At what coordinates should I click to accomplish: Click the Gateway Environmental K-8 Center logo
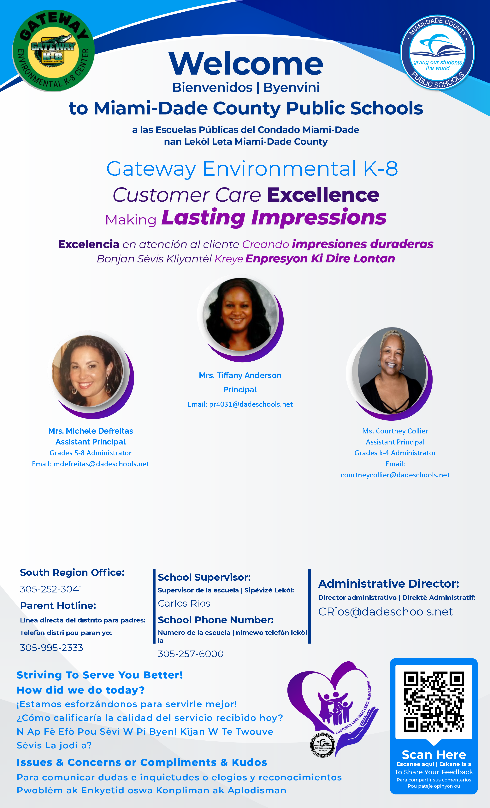click(x=53, y=51)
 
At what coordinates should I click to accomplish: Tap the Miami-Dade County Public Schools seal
click(x=438, y=52)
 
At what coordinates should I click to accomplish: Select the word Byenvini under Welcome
click(x=292, y=88)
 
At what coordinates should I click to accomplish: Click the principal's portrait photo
click(x=240, y=315)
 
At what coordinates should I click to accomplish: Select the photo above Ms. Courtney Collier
click(x=392, y=370)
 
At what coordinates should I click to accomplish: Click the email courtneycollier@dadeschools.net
click(x=395, y=475)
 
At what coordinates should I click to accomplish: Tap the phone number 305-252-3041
click(x=51, y=589)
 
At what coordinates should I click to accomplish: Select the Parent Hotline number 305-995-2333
click(x=51, y=648)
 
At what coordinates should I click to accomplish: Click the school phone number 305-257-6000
click(x=191, y=654)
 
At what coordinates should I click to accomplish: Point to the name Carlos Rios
click(x=184, y=603)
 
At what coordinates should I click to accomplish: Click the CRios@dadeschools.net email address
click(x=386, y=612)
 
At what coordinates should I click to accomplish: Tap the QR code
click(x=434, y=702)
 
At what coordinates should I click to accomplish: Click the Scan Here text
click(x=434, y=755)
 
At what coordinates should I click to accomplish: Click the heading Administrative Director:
click(x=389, y=584)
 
